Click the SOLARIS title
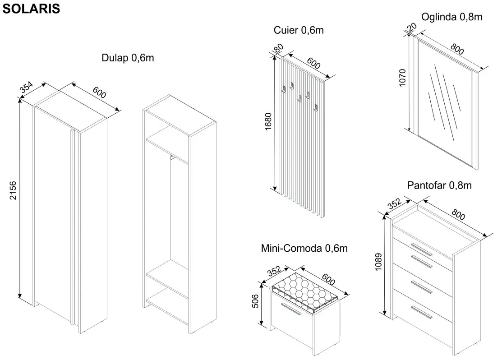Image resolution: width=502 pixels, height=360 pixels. pos(31,9)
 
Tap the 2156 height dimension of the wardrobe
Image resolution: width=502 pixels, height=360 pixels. pos(13,190)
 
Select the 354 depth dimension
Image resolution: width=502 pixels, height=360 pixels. pos(26,87)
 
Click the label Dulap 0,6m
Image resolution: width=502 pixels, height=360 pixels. pos(128,58)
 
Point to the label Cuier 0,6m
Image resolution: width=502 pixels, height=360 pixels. pos(299,30)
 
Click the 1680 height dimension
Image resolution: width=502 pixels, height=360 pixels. pos(268,121)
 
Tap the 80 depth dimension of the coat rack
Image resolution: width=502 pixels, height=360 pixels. pos(279,48)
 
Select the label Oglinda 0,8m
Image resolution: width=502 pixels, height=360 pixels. pos(451,17)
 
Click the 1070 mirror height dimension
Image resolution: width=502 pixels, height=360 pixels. pos(402,78)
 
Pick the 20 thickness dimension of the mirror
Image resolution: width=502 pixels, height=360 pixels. pos(412,27)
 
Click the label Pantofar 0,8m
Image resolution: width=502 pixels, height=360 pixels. pos(439,185)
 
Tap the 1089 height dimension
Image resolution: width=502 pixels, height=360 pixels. pos(379,262)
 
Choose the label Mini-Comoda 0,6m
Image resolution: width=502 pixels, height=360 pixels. pos(304,248)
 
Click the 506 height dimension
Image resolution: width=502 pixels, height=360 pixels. pos(255,301)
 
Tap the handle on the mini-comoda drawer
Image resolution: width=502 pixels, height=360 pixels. pos(291,309)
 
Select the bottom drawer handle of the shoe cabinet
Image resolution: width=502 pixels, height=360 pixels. pos(422,312)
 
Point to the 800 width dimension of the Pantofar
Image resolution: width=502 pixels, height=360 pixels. pos(458,214)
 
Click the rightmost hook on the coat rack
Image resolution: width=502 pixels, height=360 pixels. pos(316,108)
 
